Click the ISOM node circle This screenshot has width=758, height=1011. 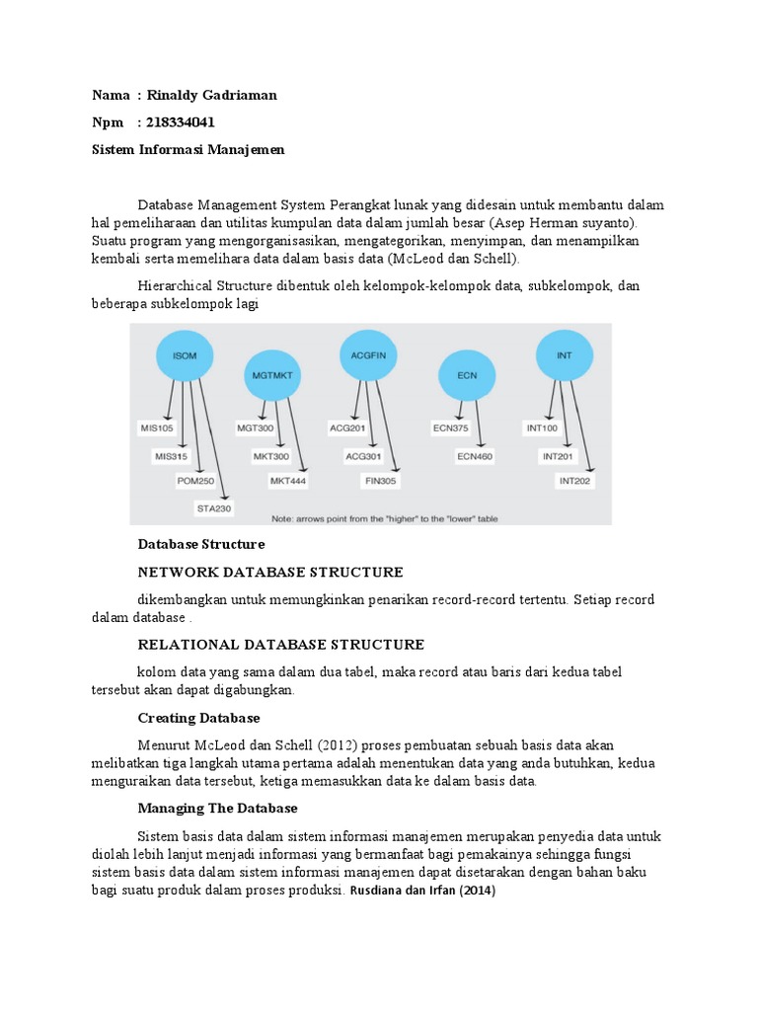tap(185, 355)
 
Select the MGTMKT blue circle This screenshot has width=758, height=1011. tap(270, 375)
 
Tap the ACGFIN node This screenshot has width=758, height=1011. tap(366, 352)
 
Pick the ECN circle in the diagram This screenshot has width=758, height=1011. tap(466, 376)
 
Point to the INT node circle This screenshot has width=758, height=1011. tap(564, 354)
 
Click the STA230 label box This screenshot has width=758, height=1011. tap(213, 508)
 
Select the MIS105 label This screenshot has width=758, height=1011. tap(157, 428)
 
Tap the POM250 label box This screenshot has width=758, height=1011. tap(196, 482)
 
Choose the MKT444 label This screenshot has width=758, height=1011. tap(288, 481)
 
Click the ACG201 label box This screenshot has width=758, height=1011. tap(347, 428)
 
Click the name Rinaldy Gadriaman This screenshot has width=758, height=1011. tap(211, 95)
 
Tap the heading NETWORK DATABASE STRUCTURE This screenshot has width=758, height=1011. tap(270, 573)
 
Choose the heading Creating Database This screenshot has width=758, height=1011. tap(198, 718)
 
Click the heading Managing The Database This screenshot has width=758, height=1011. tap(217, 808)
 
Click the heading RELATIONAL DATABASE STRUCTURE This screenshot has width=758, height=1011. tap(281, 645)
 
